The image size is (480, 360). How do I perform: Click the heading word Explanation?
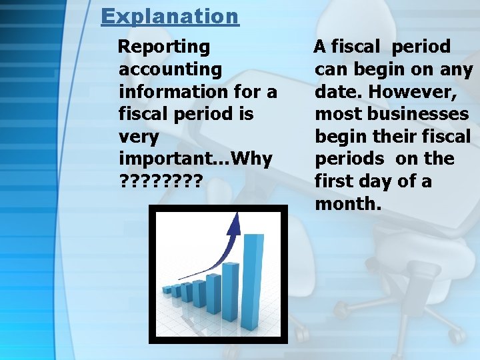click(169, 16)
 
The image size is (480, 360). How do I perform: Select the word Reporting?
click(164, 47)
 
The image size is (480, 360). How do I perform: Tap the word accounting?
click(170, 69)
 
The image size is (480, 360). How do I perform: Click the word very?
click(139, 137)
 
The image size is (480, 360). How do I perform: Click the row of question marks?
click(159, 181)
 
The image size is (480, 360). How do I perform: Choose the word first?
click(334, 181)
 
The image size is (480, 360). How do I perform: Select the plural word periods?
click(350, 159)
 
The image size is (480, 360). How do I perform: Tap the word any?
click(455, 69)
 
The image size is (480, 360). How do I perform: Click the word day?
click(385, 181)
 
